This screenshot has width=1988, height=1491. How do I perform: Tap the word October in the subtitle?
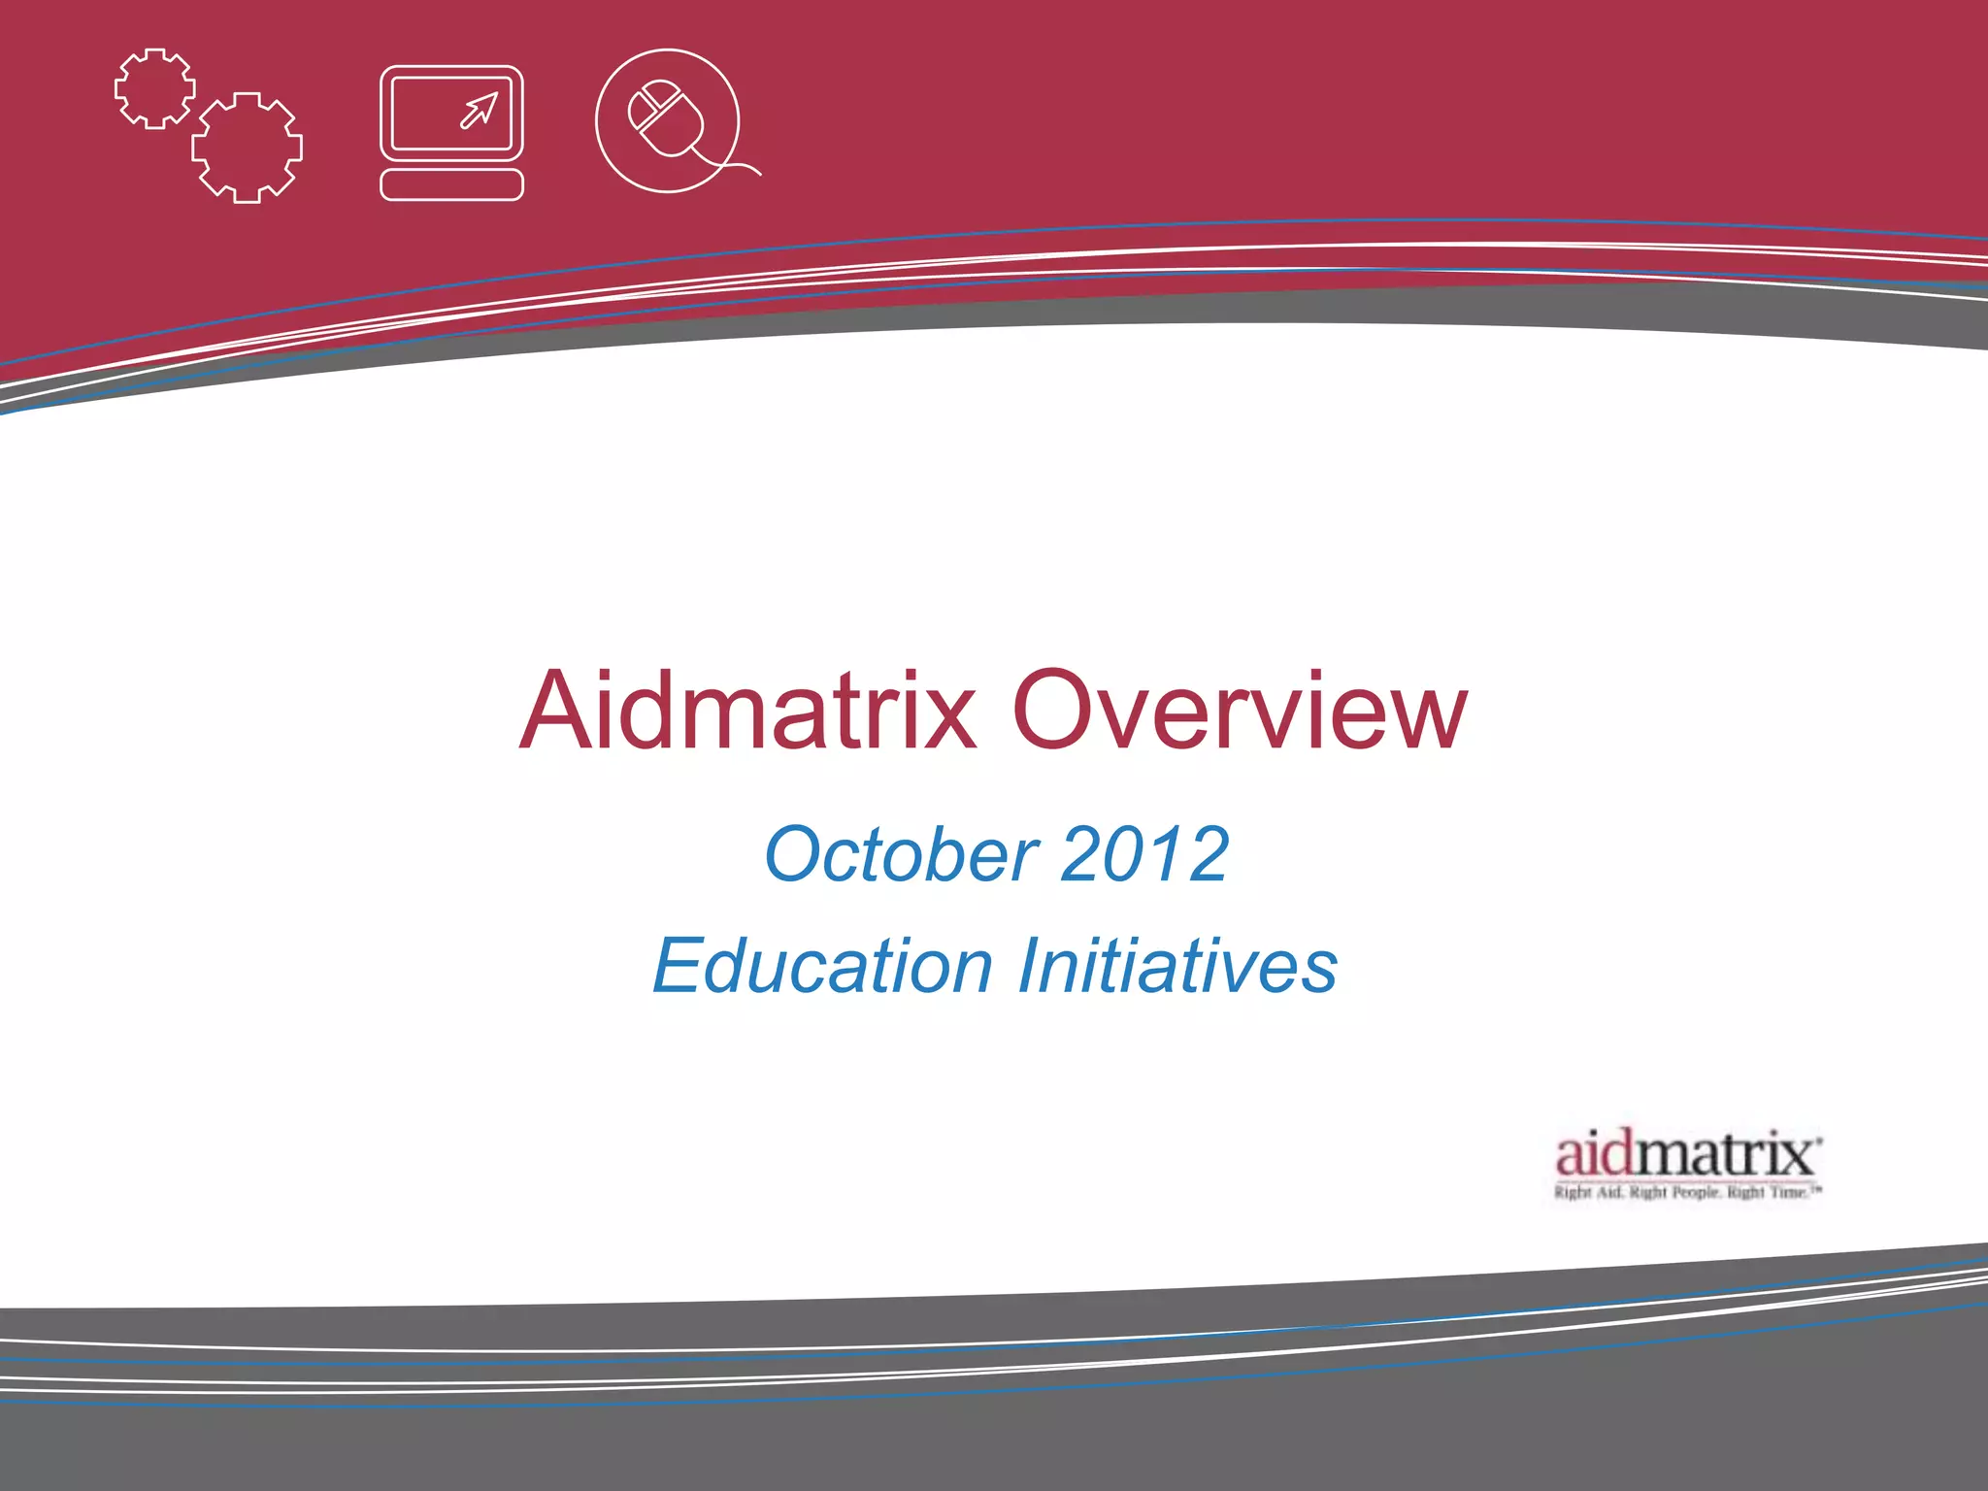click(902, 854)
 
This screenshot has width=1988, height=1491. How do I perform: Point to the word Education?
click(822, 966)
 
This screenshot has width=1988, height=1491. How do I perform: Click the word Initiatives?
click(1177, 966)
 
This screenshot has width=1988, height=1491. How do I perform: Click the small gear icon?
click(154, 88)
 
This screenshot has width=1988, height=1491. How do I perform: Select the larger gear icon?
click(247, 148)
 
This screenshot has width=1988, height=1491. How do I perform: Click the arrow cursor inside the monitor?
click(480, 110)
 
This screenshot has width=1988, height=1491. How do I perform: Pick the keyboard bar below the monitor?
click(451, 184)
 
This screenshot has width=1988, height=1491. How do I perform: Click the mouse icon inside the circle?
click(666, 118)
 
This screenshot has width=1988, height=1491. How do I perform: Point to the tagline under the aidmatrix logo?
click(1688, 1192)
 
